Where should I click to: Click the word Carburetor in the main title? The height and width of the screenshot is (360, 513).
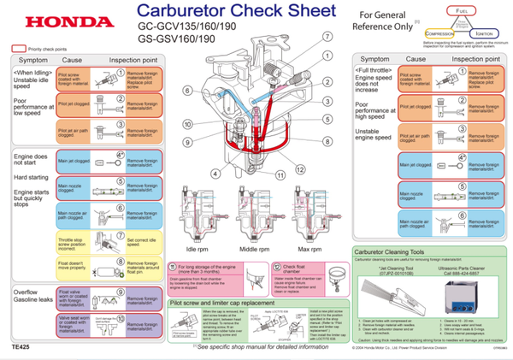[x=184, y=14]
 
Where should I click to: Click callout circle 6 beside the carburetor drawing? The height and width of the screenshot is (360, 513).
[x=187, y=90]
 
